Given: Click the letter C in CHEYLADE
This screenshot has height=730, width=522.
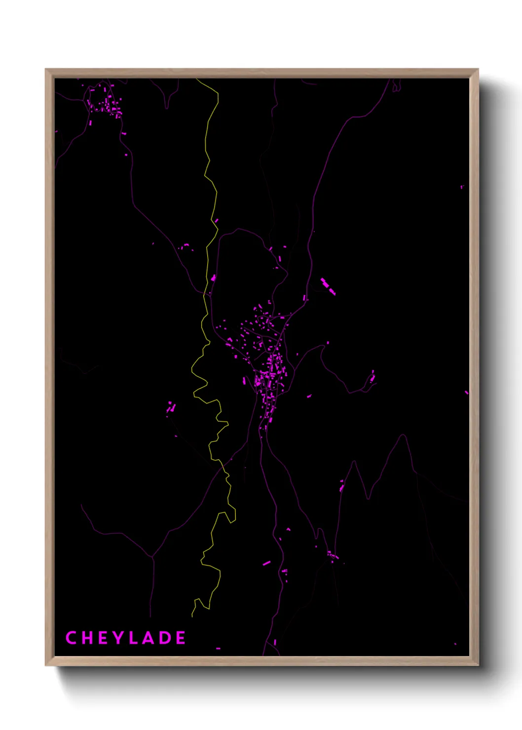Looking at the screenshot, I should pyautogui.click(x=71, y=638).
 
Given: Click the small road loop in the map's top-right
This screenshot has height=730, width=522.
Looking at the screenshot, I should pyautogui.click(x=396, y=88).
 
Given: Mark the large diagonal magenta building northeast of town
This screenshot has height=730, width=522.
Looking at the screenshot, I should pyautogui.click(x=328, y=287).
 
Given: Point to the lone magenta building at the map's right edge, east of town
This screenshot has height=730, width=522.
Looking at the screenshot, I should pyautogui.click(x=466, y=393).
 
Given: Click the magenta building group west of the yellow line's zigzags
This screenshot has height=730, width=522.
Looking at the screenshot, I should pyautogui.click(x=171, y=408).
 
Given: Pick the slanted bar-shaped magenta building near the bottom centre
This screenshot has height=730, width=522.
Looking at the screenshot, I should pyautogui.click(x=267, y=563).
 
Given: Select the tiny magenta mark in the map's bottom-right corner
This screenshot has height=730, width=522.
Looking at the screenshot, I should pyautogui.click(x=455, y=644).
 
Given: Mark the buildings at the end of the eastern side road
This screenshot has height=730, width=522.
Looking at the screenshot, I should pyautogui.click(x=372, y=377).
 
